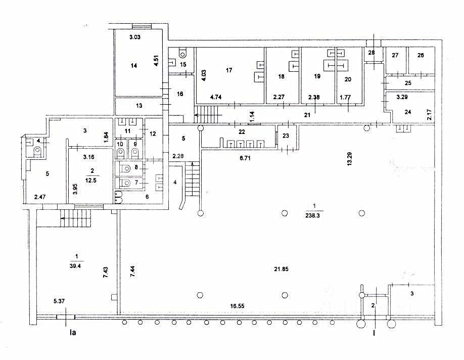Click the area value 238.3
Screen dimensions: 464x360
(x=312, y=216)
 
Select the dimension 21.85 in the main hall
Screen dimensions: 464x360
(x=281, y=269)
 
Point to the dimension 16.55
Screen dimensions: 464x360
(x=238, y=306)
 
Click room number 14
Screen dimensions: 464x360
(x=134, y=65)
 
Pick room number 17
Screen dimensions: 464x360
(x=229, y=70)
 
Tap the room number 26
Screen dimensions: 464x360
(x=421, y=55)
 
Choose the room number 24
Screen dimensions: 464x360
(x=408, y=112)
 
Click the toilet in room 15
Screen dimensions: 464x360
(x=183, y=53)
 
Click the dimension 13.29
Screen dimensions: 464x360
(x=350, y=159)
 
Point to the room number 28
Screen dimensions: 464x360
(x=372, y=53)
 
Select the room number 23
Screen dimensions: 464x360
(x=286, y=136)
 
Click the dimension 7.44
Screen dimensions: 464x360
(x=132, y=271)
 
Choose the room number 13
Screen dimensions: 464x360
(x=139, y=106)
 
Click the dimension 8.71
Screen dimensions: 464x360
(x=245, y=158)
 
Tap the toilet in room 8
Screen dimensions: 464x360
(x=125, y=168)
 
